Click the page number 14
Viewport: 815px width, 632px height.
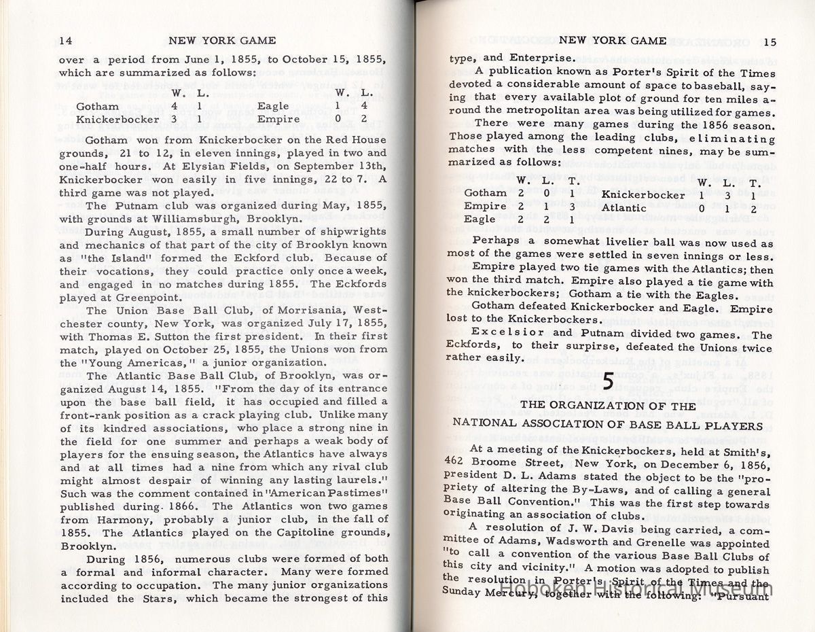pos(66,41)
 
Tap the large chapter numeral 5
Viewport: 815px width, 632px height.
pos(608,381)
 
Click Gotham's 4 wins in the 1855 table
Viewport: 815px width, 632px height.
pos(175,106)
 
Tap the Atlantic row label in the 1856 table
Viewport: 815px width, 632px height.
pos(626,207)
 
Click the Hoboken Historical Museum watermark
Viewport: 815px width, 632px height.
pos(635,589)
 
